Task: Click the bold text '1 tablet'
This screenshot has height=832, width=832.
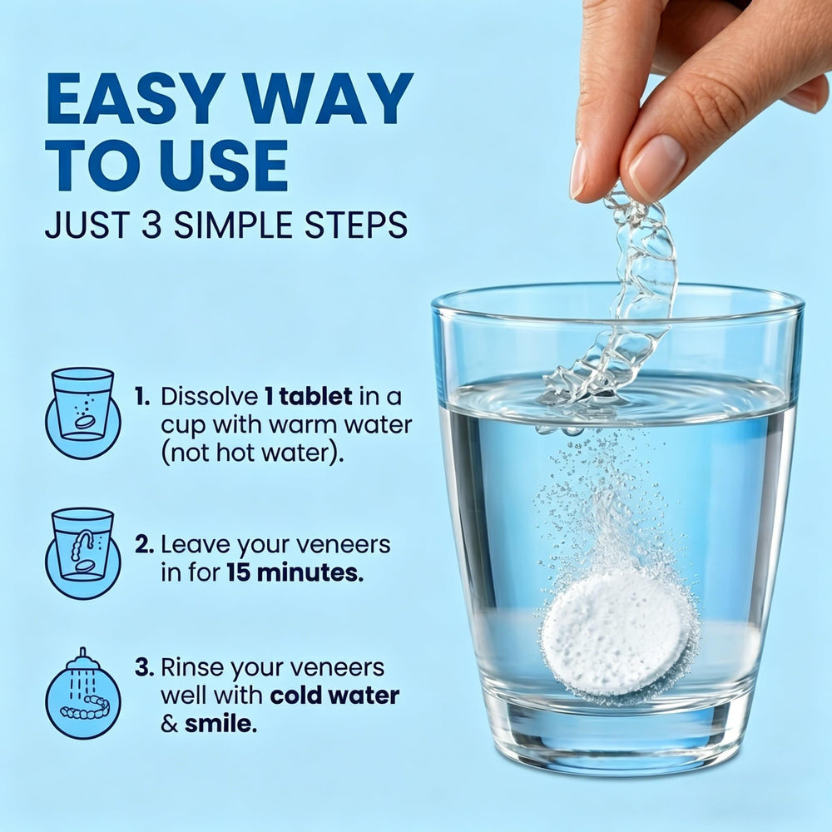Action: pos(309,396)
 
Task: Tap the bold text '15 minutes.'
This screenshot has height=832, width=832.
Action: pos(295,572)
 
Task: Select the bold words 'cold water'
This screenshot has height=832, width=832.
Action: pos(334,696)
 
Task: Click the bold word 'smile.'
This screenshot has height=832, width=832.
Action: pos(220,723)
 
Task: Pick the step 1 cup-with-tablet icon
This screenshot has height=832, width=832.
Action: pos(82,413)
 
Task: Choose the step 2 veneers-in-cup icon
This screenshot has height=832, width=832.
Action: pos(82,553)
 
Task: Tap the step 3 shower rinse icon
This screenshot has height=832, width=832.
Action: pos(82,693)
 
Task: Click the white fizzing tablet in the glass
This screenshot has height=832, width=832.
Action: pos(616,635)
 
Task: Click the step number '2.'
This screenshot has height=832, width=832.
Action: pos(144,544)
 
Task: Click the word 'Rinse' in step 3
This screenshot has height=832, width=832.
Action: pos(193,667)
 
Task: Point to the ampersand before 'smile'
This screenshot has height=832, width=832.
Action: pos(170,724)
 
